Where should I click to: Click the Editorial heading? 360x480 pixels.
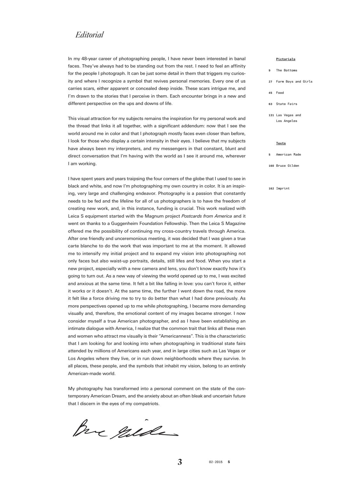89,35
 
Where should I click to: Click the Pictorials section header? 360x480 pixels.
285,59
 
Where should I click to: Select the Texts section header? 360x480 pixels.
281,143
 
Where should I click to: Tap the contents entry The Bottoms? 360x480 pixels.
286,70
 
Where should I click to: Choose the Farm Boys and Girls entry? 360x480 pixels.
294,82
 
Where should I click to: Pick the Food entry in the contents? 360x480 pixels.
280,93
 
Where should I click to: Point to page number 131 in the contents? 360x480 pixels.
271,115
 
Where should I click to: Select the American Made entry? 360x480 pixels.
288,155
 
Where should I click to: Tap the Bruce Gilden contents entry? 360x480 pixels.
287,166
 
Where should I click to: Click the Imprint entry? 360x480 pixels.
283,188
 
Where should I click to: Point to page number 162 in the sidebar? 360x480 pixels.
271,188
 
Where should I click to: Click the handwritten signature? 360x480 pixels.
125,429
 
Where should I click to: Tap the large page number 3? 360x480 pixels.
180,462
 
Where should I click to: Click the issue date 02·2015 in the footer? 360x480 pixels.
215,462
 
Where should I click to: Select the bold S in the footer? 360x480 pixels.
229,462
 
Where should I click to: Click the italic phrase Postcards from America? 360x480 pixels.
206,216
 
